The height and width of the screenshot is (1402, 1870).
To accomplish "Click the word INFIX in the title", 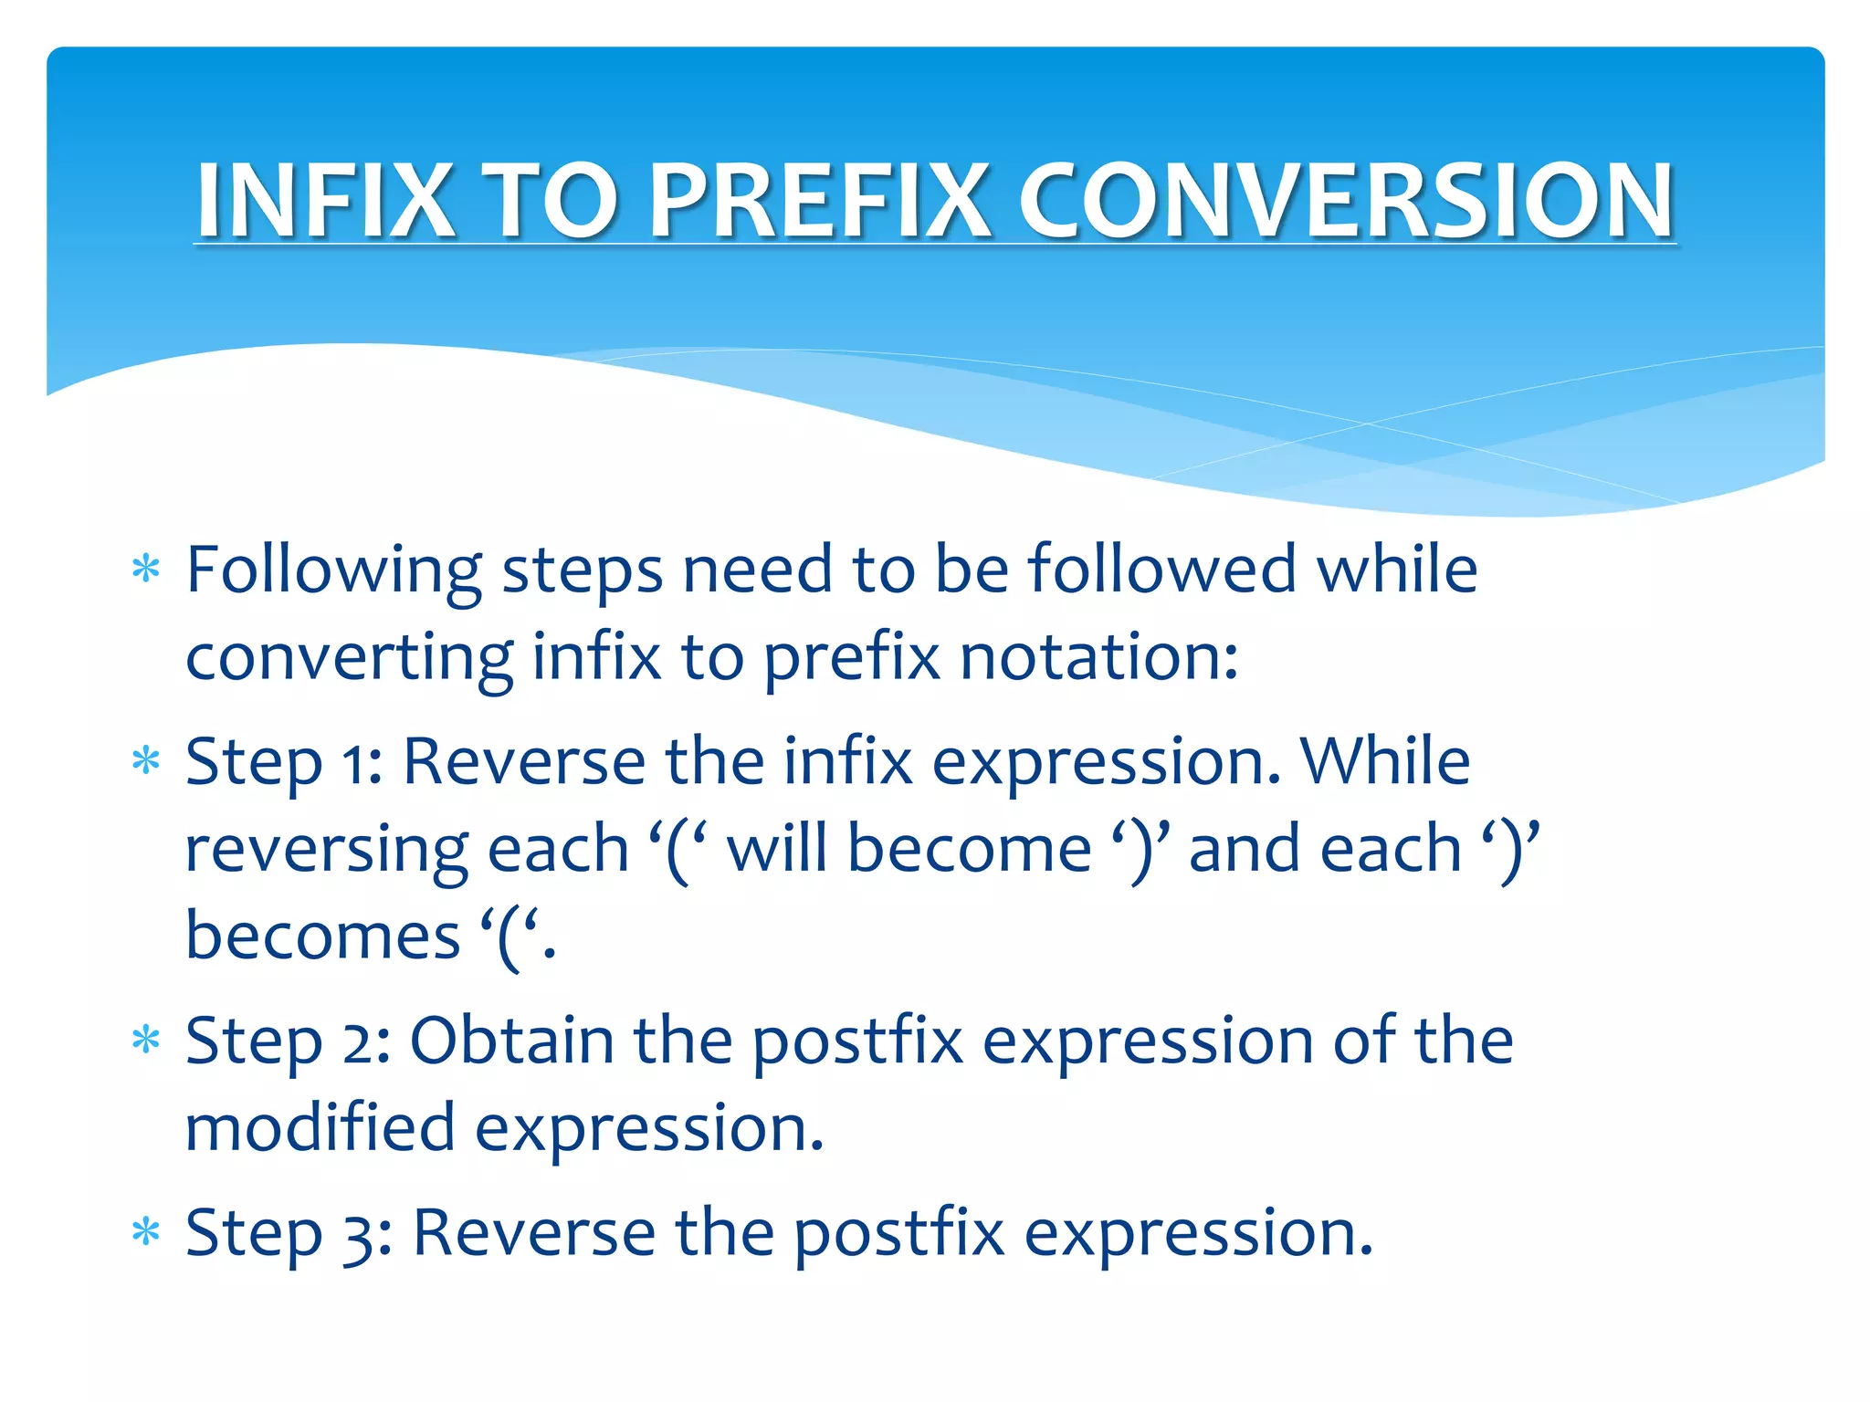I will (325, 200).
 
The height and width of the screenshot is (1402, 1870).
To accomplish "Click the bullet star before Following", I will (146, 570).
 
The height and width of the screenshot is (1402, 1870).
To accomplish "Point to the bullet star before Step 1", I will (146, 761).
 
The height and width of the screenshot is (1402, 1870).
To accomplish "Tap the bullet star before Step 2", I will (146, 1041).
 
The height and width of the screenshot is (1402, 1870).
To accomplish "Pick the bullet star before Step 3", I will (146, 1233).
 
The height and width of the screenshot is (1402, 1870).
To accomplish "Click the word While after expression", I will (1385, 761).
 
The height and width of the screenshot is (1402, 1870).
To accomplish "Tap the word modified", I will (320, 1127).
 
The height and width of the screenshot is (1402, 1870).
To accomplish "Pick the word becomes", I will (322, 937).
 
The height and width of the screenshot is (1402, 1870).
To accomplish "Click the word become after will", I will (969, 849).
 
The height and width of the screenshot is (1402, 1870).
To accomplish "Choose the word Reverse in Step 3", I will (534, 1233).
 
